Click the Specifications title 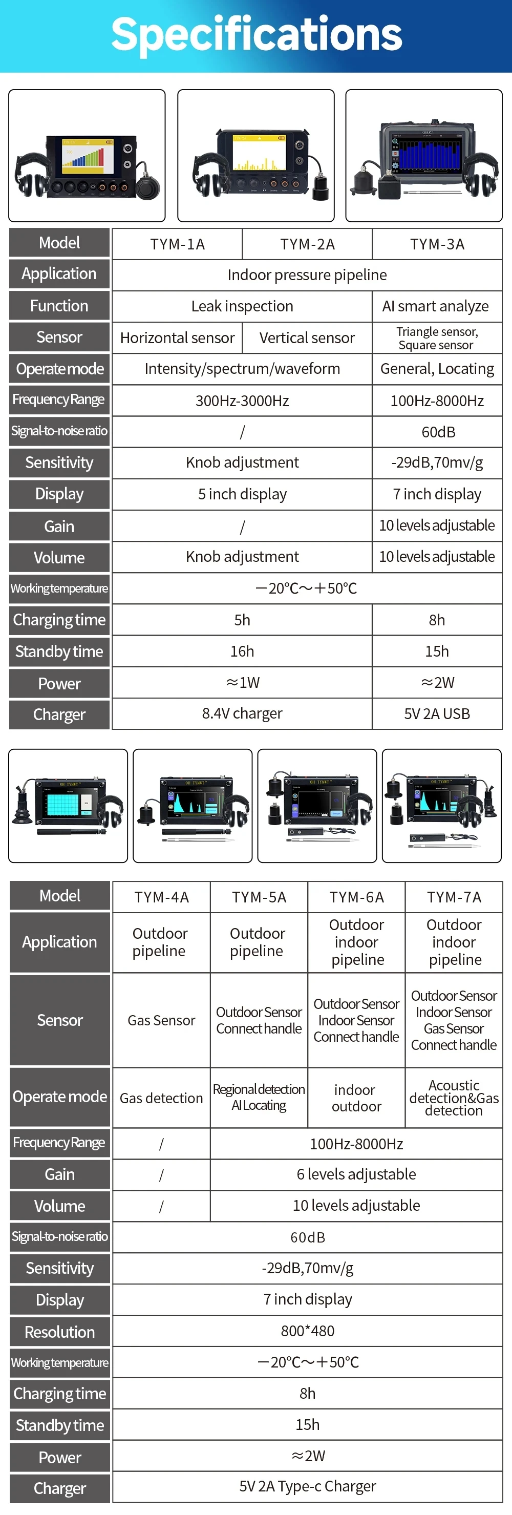point(257,34)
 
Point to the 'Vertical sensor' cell point(307,338)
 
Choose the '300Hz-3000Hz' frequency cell point(242,401)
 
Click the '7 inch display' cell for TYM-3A point(437,494)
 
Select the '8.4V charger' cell point(242,713)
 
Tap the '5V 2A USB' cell point(437,714)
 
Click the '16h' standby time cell point(242,651)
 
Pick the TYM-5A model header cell point(259,897)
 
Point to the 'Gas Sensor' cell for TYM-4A point(161,1020)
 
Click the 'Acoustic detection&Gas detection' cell point(454,1098)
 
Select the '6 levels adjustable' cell point(356,1174)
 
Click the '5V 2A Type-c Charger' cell point(307,1486)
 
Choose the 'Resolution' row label point(59,1332)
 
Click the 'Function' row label point(59,306)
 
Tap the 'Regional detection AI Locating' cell point(259,1098)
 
